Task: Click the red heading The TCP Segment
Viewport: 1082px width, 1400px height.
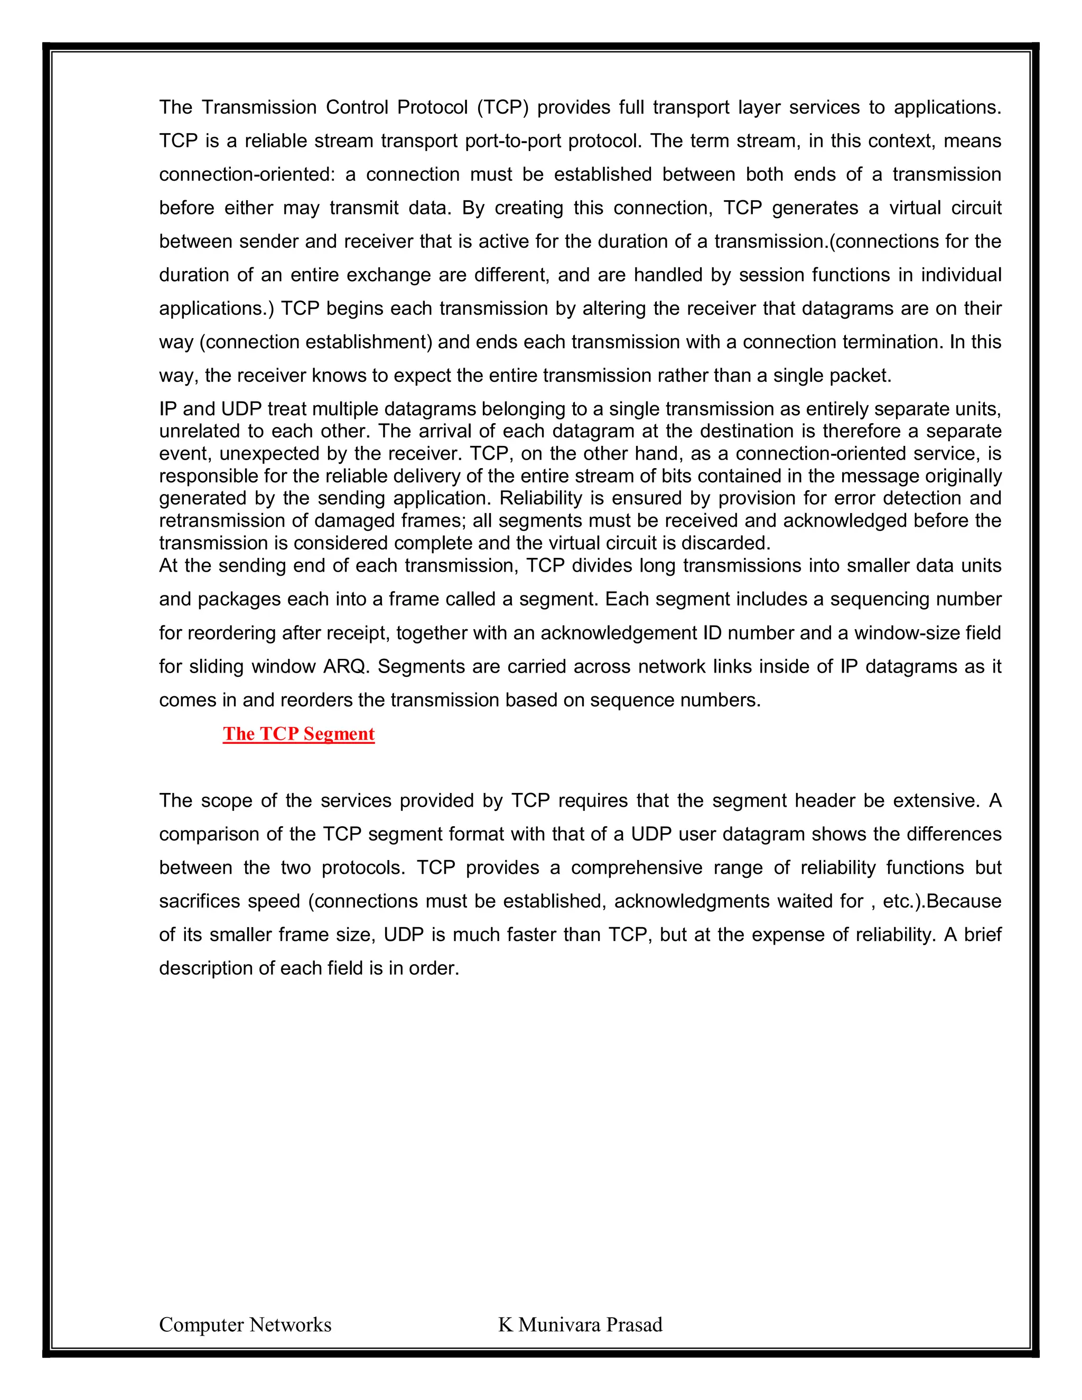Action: (298, 733)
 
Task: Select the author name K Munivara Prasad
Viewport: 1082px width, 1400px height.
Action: (580, 1324)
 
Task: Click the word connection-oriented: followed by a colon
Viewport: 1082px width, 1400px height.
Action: (247, 174)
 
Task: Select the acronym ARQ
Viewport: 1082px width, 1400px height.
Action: (346, 667)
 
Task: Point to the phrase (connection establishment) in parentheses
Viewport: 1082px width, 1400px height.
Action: (315, 342)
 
